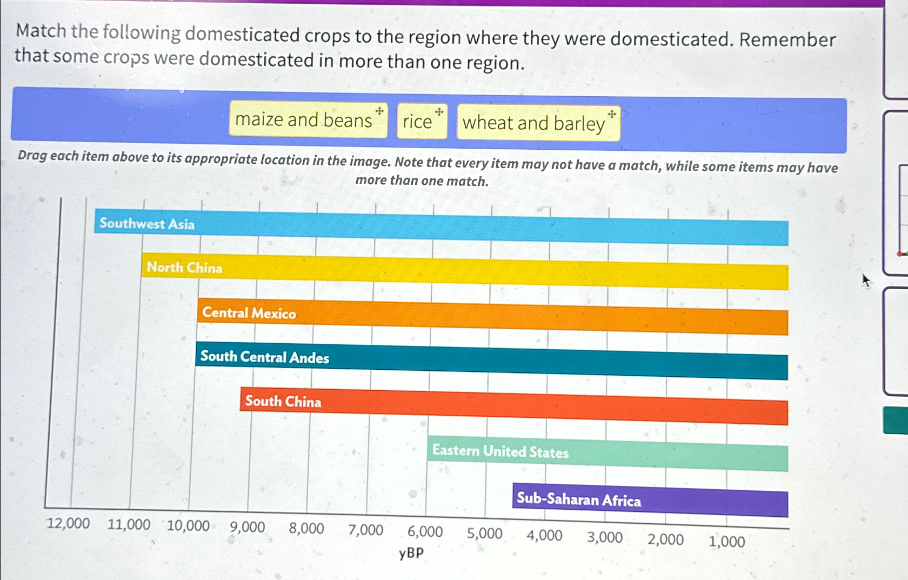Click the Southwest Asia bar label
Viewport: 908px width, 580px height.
tap(146, 224)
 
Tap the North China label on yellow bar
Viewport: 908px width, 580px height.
tap(184, 268)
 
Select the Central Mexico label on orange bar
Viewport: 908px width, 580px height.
tap(249, 313)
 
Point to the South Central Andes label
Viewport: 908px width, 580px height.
tap(264, 357)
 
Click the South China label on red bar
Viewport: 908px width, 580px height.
tap(283, 402)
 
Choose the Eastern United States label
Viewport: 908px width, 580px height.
tap(500, 451)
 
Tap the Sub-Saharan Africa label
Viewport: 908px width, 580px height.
tap(578, 499)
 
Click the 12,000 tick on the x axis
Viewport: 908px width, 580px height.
tap(68, 523)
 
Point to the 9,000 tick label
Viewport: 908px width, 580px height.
tap(247, 527)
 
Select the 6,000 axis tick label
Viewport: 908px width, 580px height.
tap(425, 532)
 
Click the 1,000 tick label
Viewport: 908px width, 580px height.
tap(726, 541)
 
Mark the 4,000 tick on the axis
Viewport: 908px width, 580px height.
tap(544, 536)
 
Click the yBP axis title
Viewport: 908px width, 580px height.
tap(411, 553)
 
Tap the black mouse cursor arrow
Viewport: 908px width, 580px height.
tap(866, 281)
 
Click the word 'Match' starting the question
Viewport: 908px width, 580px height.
tap(41, 31)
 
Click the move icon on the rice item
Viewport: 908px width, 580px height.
tap(439, 112)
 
